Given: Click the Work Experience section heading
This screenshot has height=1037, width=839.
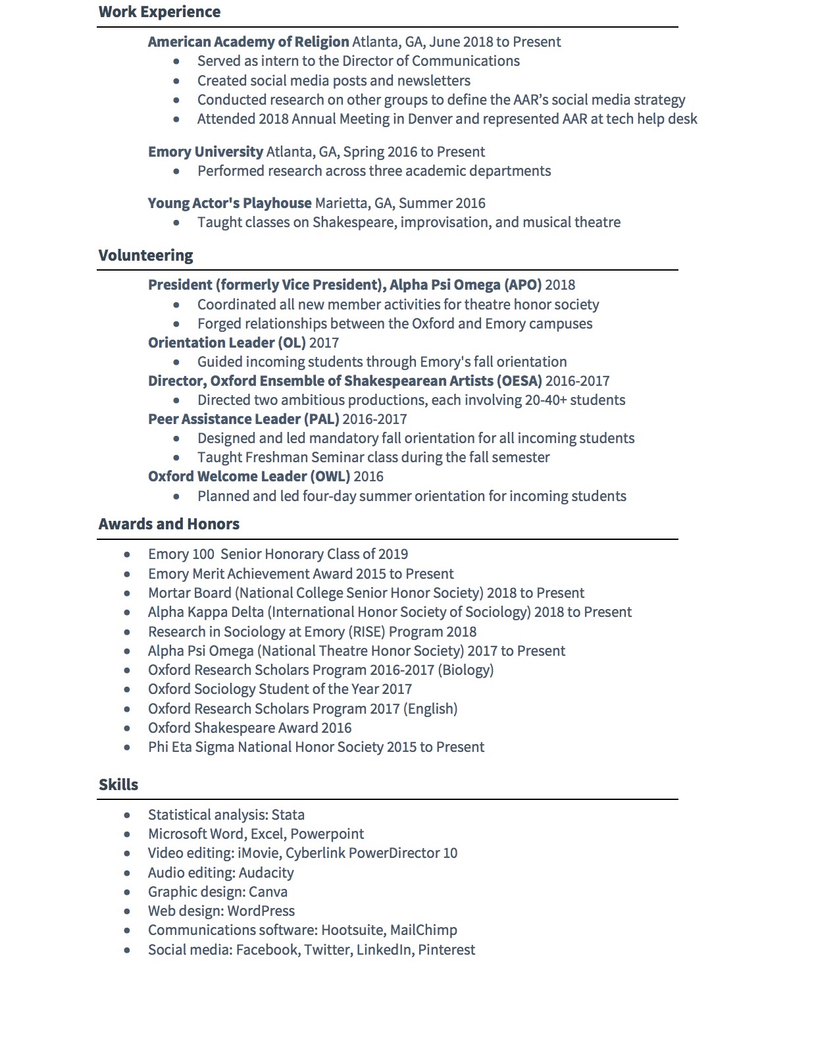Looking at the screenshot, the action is [x=159, y=12].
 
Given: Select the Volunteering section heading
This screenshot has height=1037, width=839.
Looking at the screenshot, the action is [x=145, y=255].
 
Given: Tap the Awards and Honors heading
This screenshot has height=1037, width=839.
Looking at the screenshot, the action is [x=169, y=524].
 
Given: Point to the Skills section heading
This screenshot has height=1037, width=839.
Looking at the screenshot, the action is [x=118, y=785].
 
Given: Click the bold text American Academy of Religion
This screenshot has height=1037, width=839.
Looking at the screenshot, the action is [x=248, y=42].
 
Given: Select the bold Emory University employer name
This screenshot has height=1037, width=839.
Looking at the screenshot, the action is [x=205, y=152].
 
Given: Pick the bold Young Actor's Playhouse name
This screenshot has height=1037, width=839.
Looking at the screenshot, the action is [x=230, y=203].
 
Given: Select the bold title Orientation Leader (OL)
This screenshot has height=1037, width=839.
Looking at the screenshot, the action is [x=226, y=343].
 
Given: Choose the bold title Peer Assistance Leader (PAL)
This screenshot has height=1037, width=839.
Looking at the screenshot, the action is [x=243, y=419].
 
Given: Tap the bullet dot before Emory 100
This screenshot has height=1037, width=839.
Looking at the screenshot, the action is [x=127, y=555].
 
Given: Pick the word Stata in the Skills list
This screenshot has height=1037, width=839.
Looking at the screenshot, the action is [x=288, y=815].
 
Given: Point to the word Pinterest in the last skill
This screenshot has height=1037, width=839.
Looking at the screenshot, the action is [x=446, y=950].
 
